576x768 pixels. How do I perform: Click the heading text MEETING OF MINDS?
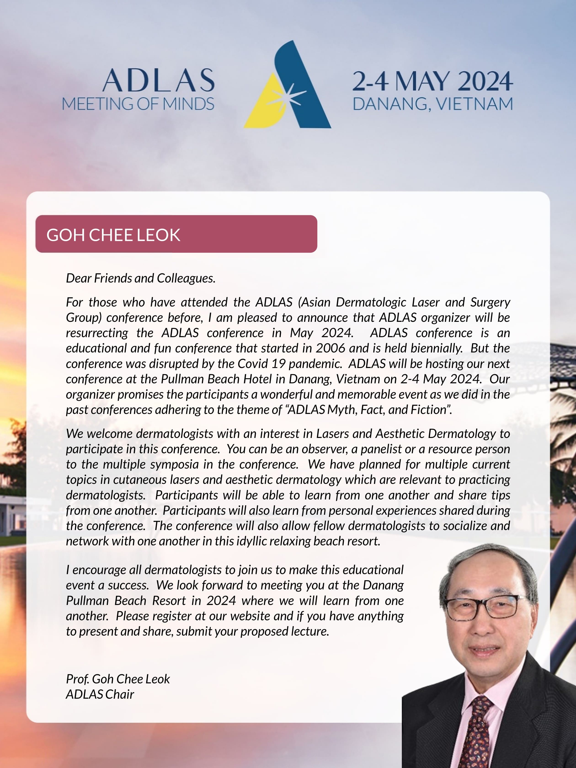[138, 104]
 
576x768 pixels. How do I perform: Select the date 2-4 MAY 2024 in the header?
[432, 82]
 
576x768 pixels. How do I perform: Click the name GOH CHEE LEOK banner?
[176, 234]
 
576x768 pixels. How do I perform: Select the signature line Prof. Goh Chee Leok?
[118, 679]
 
